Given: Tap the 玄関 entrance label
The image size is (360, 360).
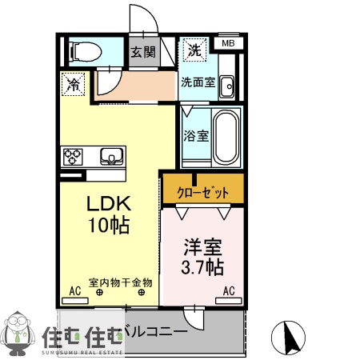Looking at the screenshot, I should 143,54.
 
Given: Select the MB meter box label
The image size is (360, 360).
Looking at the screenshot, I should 227,43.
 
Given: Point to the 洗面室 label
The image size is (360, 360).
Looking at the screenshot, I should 196,82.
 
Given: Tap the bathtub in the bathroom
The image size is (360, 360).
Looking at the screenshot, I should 226,135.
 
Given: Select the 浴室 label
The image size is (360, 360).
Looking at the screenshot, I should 196,135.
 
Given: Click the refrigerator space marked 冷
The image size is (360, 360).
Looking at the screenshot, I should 73,82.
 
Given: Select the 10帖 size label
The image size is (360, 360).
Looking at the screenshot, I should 109,226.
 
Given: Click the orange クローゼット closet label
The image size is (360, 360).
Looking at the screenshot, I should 202,192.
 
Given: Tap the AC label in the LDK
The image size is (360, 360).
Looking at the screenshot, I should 76,290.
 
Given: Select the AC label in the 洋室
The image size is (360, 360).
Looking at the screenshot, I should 228,290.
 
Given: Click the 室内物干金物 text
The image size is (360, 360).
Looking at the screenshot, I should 121,282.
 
